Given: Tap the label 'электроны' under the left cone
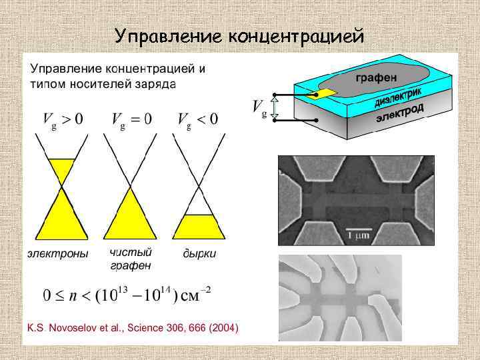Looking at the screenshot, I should (57, 254).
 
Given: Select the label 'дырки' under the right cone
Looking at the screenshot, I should (200, 254).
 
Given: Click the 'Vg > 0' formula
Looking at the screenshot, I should (63, 120).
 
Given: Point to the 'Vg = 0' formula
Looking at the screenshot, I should (131, 120).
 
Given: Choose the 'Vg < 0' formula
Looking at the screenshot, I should (198, 120).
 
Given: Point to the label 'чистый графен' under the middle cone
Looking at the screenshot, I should (131, 259).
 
